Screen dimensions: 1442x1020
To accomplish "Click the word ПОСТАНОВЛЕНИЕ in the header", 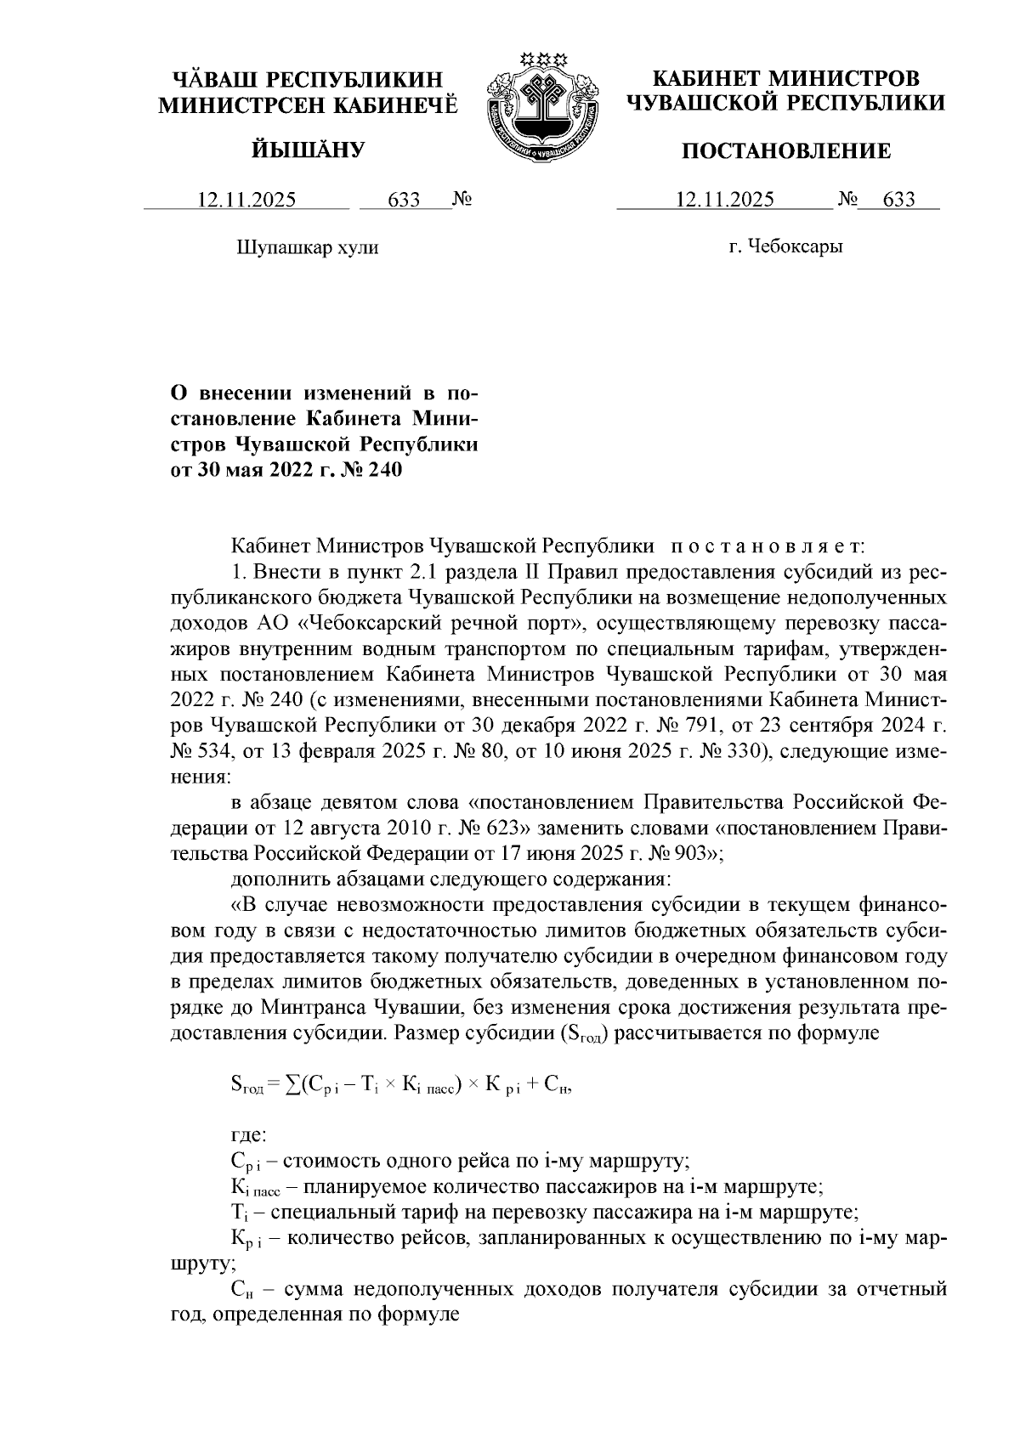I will (x=787, y=151).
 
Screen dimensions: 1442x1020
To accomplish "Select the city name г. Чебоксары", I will (x=785, y=247).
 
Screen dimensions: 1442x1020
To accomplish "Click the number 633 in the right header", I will (x=899, y=201).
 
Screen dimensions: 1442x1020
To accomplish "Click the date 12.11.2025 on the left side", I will (x=246, y=201).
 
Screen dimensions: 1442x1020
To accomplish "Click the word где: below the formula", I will (x=249, y=1134).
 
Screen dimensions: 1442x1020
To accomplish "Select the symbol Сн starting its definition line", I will (x=241, y=1291).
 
